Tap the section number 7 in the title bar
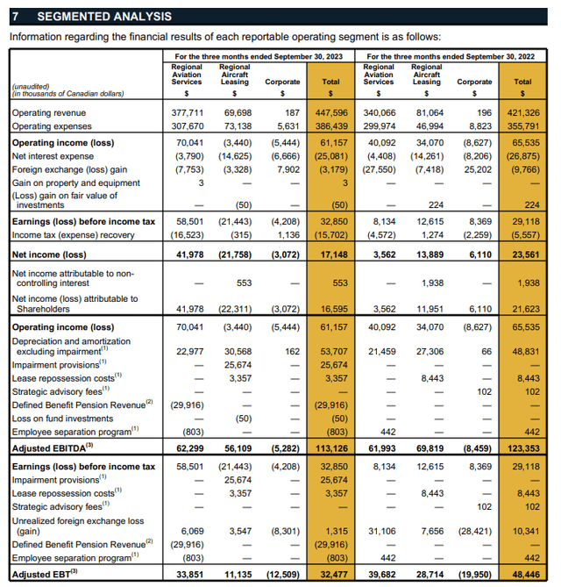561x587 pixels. tap(15, 17)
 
